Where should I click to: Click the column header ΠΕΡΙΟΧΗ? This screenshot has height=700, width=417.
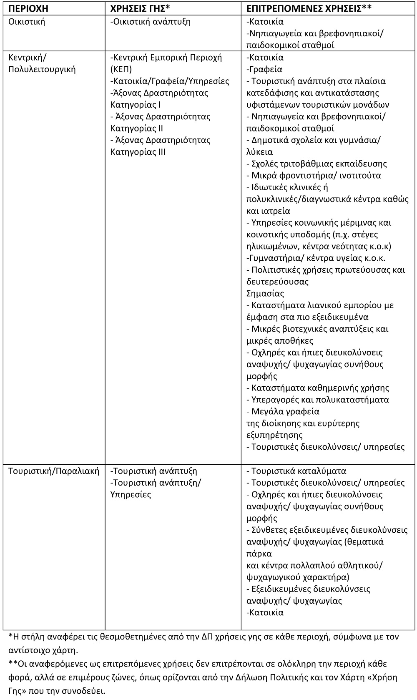(x=28, y=9)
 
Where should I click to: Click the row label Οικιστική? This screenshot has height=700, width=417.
(x=27, y=22)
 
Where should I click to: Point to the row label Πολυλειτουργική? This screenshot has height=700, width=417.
(x=42, y=69)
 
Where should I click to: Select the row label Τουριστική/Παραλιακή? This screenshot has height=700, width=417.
(x=54, y=471)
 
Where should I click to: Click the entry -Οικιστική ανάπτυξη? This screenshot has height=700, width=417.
(x=151, y=22)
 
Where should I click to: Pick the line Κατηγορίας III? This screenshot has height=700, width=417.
(x=138, y=152)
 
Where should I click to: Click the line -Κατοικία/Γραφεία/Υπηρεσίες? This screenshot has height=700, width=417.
(x=170, y=81)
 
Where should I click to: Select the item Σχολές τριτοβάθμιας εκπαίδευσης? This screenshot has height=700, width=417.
(x=319, y=164)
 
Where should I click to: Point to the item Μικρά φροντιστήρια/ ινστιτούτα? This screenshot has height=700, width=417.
(x=316, y=175)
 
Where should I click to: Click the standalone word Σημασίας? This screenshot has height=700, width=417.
(x=265, y=293)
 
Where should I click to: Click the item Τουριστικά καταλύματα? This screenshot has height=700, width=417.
(x=299, y=471)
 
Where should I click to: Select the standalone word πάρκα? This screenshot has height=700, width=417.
(x=259, y=554)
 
